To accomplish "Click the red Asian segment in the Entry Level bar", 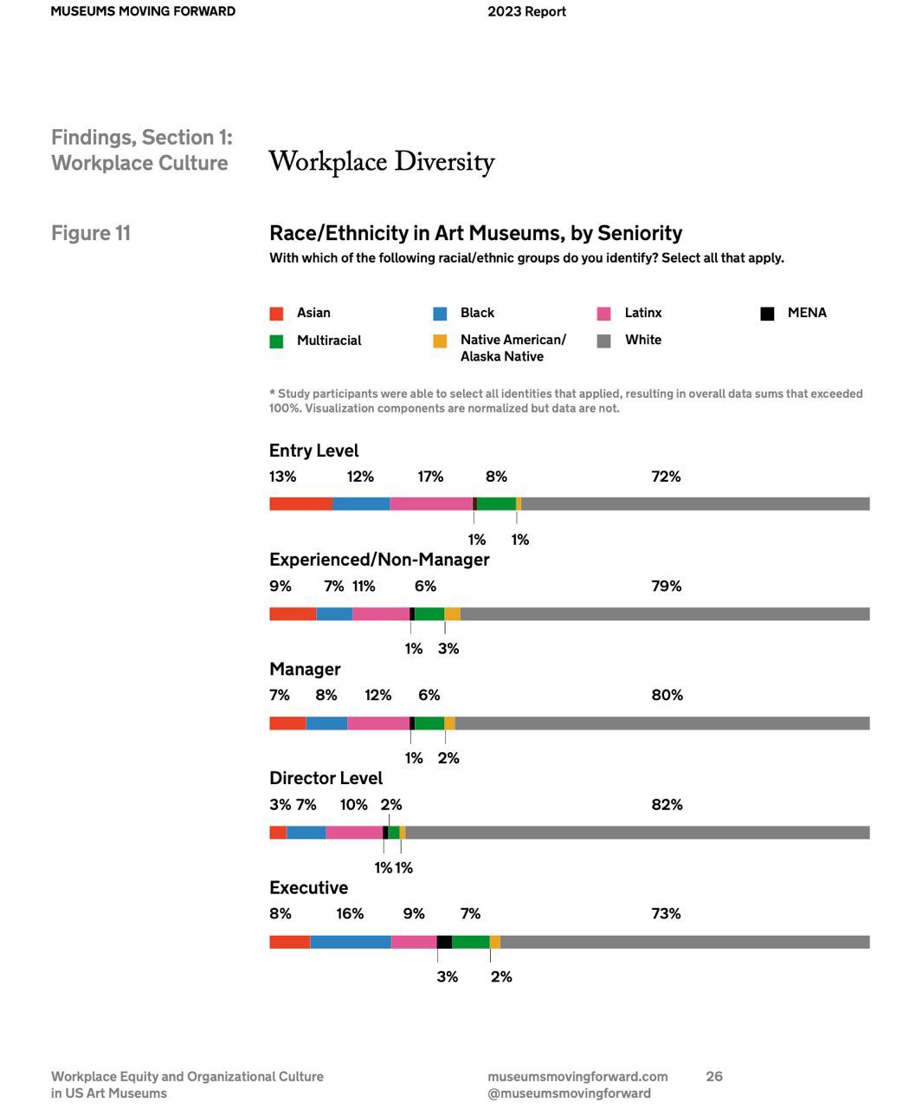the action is click(x=300, y=503).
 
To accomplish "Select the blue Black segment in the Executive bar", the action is click(x=351, y=942).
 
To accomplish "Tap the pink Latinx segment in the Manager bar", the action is click(x=378, y=723).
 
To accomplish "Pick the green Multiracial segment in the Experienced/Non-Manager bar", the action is click(x=429, y=614).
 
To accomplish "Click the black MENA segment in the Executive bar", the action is click(x=444, y=942).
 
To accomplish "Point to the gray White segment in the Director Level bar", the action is click(x=637, y=833).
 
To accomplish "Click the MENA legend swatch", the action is click(x=767, y=314).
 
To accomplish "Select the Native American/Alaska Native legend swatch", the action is click(x=440, y=341).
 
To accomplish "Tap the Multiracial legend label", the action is click(x=329, y=340).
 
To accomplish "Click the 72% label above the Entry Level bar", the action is click(x=666, y=477).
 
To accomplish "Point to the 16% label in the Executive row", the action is click(x=350, y=913).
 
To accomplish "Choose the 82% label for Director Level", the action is click(x=667, y=805).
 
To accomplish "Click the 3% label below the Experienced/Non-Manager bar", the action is click(x=448, y=649).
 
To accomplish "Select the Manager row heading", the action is click(x=306, y=669).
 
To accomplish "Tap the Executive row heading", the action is click(x=309, y=888).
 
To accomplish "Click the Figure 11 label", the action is click(x=91, y=233).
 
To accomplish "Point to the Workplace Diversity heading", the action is click(x=382, y=162).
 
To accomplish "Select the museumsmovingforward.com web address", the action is click(x=577, y=1077).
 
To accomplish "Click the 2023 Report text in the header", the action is click(x=526, y=11).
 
